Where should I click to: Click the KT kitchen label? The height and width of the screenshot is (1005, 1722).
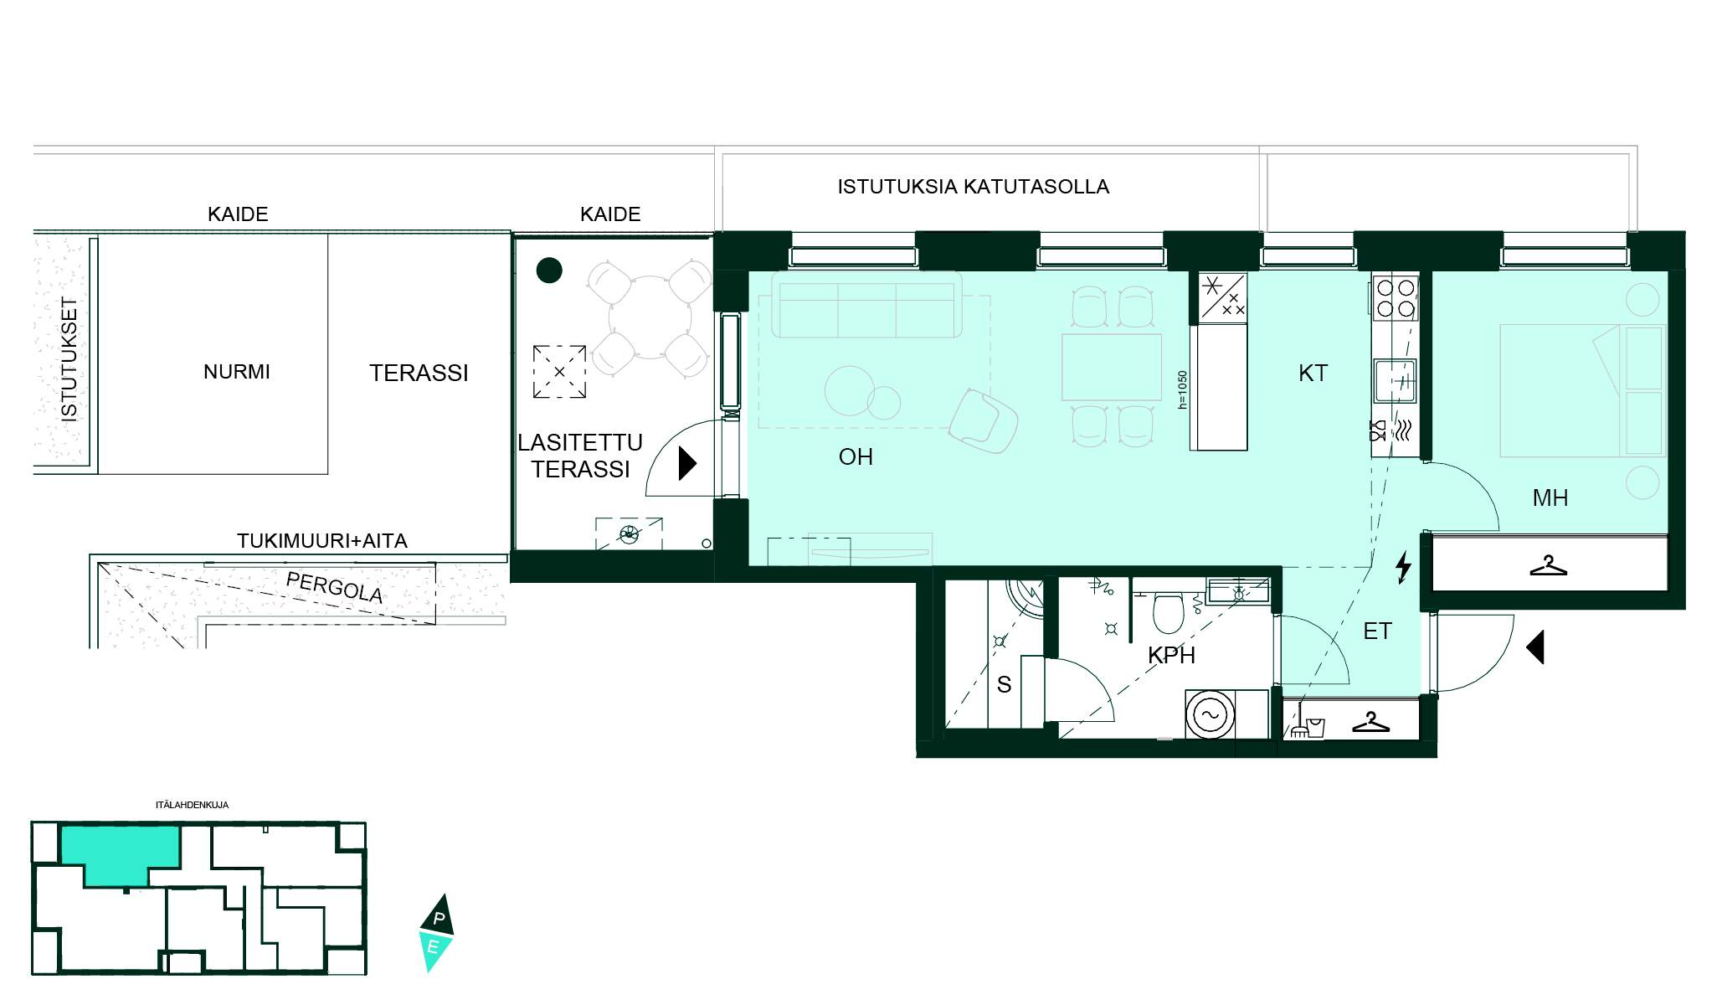[1313, 374]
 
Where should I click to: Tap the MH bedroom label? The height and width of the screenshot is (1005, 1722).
[1550, 498]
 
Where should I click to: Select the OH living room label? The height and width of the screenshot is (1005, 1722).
[856, 457]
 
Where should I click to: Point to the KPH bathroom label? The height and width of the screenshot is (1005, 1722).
[1171, 656]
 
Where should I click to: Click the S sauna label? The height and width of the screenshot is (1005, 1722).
[1004, 685]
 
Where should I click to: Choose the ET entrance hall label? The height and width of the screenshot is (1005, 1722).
[1377, 631]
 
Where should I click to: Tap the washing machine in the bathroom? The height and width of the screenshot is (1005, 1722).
[1211, 714]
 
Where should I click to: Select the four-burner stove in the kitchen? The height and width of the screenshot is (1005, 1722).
[1396, 299]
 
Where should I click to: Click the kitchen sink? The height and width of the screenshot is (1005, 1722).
[1395, 381]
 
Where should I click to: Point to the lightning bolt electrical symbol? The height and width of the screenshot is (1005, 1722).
[1404, 567]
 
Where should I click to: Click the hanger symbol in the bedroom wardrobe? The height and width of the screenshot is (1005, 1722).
[1548, 566]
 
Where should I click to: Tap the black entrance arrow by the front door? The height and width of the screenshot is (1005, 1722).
[1535, 647]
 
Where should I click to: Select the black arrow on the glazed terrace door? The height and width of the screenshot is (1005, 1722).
[687, 463]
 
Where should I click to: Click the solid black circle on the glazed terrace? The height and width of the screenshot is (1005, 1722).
[549, 270]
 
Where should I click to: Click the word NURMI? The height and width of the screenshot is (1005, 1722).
[237, 372]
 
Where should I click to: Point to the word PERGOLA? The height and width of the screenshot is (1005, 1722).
[334, 587]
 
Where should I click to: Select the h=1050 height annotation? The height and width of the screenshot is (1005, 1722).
[1182, 390]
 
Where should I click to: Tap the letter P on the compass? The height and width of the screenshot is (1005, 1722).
[439, 919]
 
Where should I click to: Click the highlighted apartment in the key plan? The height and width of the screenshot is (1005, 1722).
[121, 853]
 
